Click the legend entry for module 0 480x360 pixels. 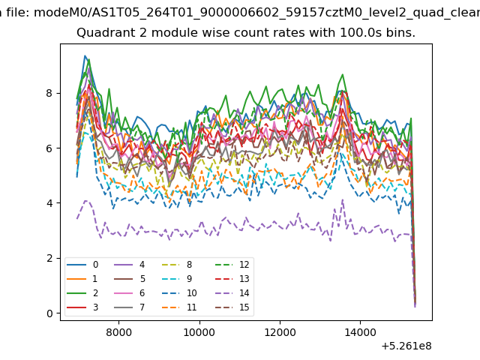(x=82, y=265)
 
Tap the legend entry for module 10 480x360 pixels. (x=179, y=293)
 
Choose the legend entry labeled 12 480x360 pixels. (x=232, y=265)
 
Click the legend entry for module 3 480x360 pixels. (x=82, y=307)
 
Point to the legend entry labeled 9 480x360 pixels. (x=177, y=278)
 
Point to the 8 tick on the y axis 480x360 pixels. (x=49, y=93)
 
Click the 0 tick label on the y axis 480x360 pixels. (x=49, y=313)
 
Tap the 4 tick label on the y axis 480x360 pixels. (x=49, y=203)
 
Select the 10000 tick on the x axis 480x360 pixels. (x=199, y=332)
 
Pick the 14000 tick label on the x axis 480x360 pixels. (x=360, y=332)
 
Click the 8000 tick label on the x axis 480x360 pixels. (x=118, y=332)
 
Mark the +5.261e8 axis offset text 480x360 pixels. (x=406, y=346)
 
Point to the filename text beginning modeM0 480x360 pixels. (x=256, y=13)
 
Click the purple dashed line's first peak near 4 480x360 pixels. (x=85, y=200)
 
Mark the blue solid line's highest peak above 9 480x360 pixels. (x=85, y=55)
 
